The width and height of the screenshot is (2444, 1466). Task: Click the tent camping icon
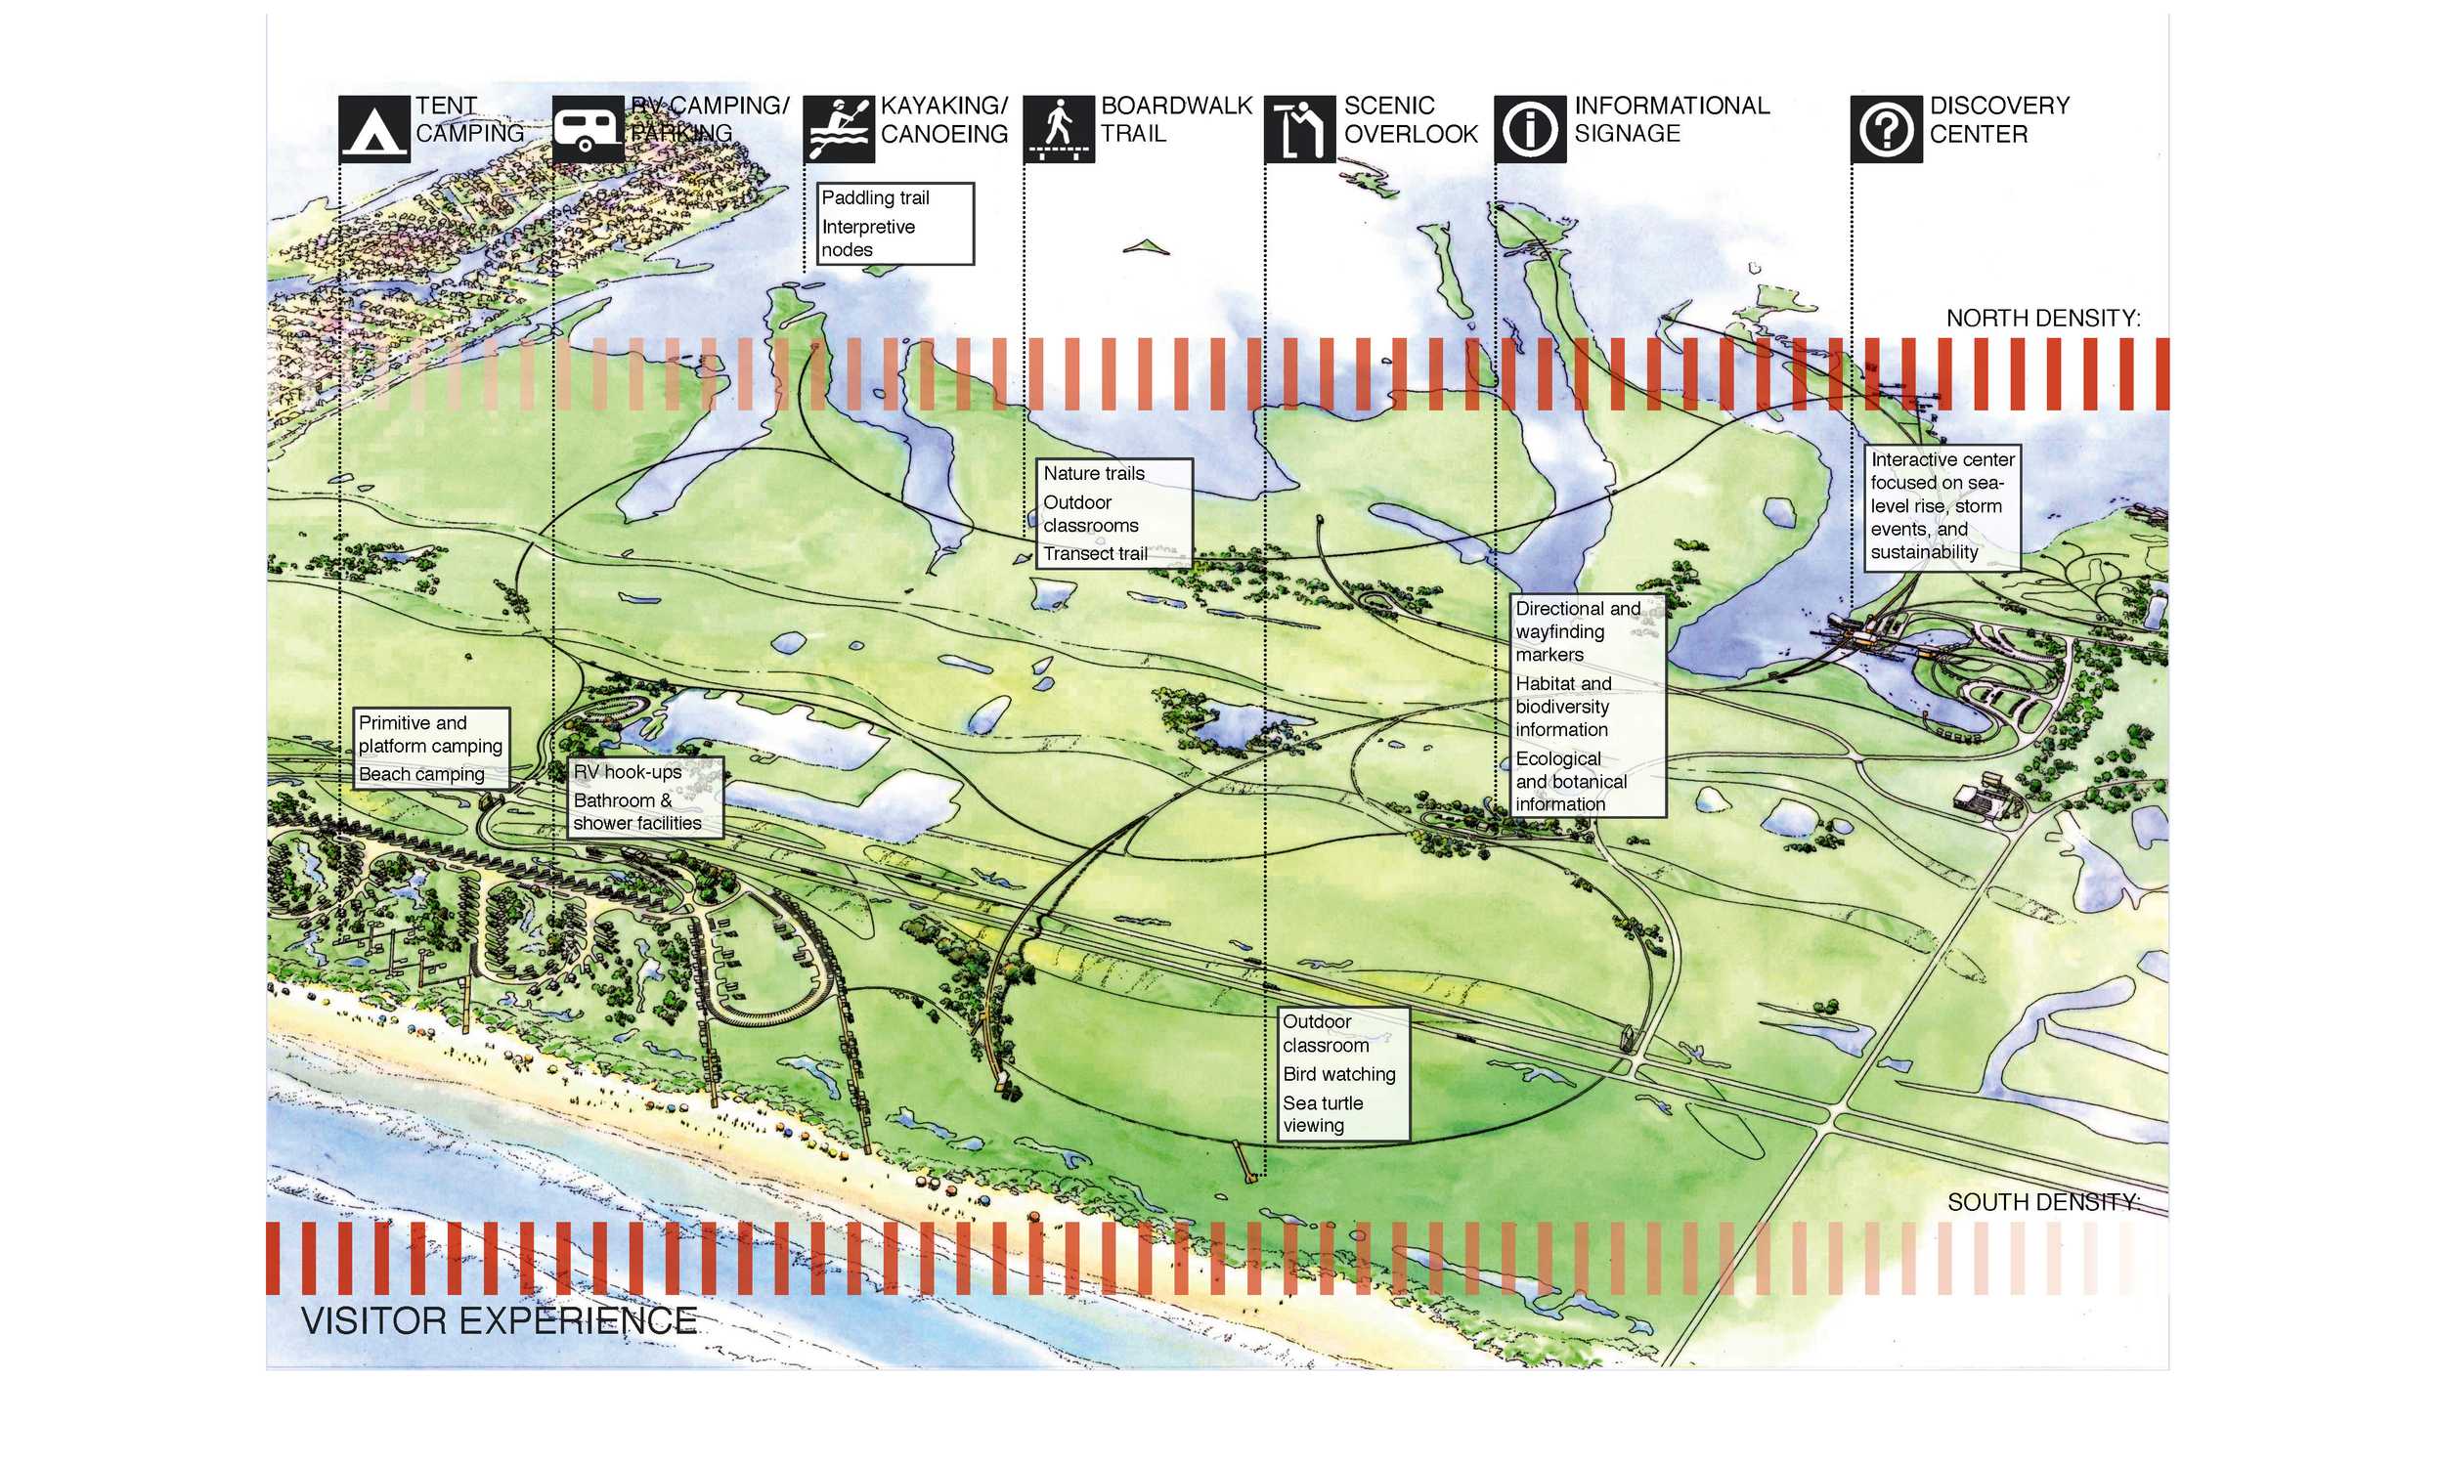pyautogui.click(x=373, y=128)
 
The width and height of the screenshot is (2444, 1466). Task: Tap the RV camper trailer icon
pyautogui.click(x=587, y=128)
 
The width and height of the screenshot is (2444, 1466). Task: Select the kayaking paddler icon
pyautogui.click(x=838, y=128)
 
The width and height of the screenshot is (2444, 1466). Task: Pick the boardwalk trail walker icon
pyautogui.click(x=1058, y=128)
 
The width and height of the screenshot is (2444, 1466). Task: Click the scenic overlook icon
pyautogui.click(x=1299, y=128)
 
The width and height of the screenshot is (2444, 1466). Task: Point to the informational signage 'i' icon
pyautogui.click(x=1529, y=128)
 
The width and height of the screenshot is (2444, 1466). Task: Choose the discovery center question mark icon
pyautogui.click(x=1885, y=128)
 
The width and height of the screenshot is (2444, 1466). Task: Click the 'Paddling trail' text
pyautogui.click(x=875, y=197)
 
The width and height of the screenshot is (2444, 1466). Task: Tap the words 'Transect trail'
pyautogui.click(x=1095, y=553)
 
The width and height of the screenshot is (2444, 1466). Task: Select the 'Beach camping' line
pyautogui.click(x=421, y=773)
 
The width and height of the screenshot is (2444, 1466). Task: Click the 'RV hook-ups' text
pyautogui.click(x=628, y=771)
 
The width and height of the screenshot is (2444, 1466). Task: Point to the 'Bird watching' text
pyautogui.click(x=1338, y=1074)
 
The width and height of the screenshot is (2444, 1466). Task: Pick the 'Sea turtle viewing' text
pyautogui.click(x=1322, y=1113)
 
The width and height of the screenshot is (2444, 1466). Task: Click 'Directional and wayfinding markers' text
pyautogui.click(x=1577, y=631)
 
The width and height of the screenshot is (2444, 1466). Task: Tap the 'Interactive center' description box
pyautogui.click(x=1942, y=506)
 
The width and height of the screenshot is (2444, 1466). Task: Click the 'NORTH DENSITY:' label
pyautogui.click(x=2042, y=318)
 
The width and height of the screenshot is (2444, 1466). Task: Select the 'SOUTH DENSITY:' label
pyautogui.click(x=2042, y=1201)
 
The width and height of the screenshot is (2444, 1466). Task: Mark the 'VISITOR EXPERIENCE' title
pyautogui.click(x=499, y=1320)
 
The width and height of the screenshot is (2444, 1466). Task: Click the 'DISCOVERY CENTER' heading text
pyautogui.click(x=1997, y=119)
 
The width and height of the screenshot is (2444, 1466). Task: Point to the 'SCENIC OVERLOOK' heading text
pyautogui.click(x=1410, y=119)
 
